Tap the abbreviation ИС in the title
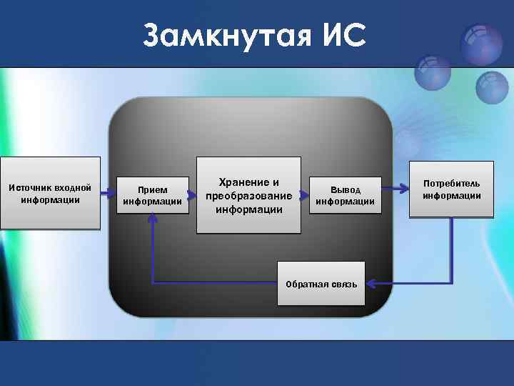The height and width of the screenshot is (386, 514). tap(341, 35)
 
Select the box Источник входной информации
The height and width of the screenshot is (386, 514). tap(50, 193)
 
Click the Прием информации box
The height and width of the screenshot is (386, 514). tap(153, 195)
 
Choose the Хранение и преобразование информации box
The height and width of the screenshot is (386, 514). tap(248, 195)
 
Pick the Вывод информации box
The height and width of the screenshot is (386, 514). tap(345, 195)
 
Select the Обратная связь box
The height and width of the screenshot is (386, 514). tap(321, 284)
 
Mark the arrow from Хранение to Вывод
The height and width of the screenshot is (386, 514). tap(305, 194)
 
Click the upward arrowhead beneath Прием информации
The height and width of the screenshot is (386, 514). tap(152, 219)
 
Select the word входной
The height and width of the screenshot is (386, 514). tap(74, 187)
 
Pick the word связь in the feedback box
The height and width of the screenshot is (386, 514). tap(343, 284)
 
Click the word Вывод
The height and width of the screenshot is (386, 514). tap(345, 189)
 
